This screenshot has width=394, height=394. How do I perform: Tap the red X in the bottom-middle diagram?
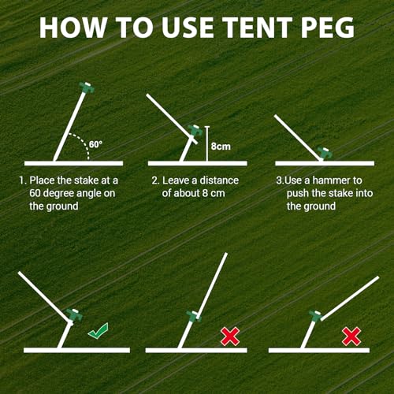[230, 336]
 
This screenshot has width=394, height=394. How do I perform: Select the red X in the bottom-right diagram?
[351, 336]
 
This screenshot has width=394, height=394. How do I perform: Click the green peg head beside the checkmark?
[73, 315]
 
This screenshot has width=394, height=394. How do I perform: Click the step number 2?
[154, 180]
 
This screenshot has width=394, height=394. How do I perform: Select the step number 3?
[278, 180]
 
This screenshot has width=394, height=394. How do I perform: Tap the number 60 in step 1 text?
[36, 193]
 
